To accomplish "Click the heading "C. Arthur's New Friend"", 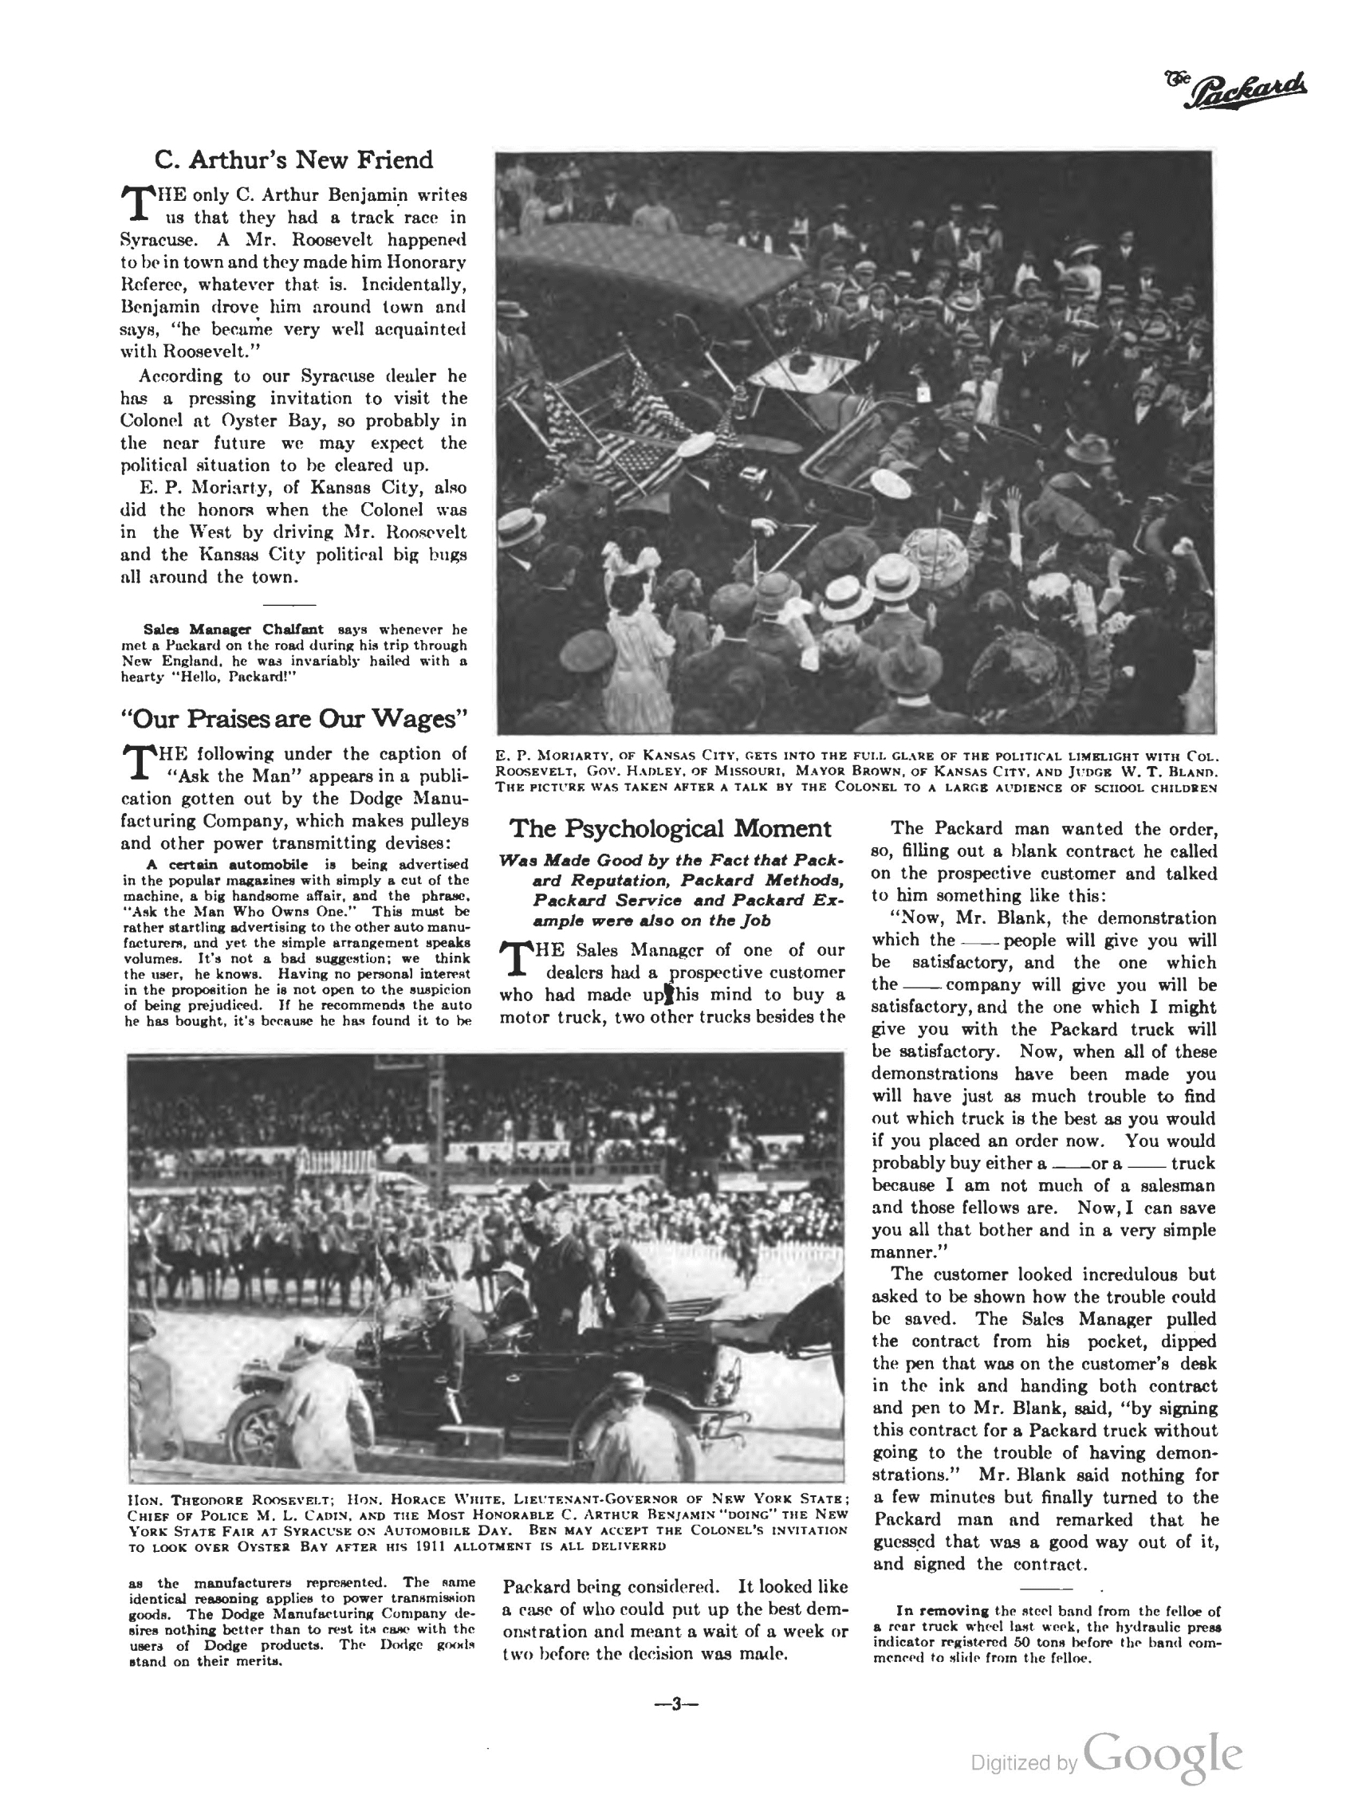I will (x=293, y=159).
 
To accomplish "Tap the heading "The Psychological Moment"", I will (x=670, y=828).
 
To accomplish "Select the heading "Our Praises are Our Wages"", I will (x=293, y=719).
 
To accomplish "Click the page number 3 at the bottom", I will (x=675, y=1703).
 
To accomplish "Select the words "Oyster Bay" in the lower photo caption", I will (x=278, y=1546).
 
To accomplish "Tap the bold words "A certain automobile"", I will (x=227, y=864).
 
